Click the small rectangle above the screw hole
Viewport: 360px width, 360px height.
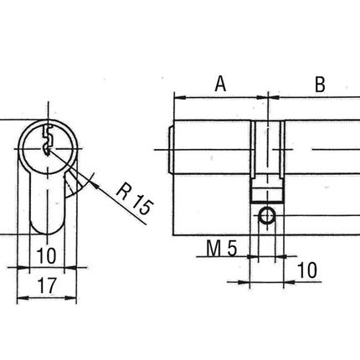[x=266, y=195]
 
